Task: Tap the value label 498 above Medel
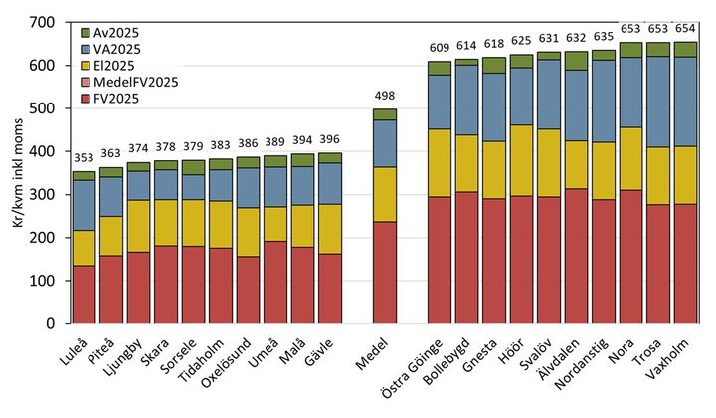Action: (x=384, y=97)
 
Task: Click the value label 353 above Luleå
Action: (x=85, y=159)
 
